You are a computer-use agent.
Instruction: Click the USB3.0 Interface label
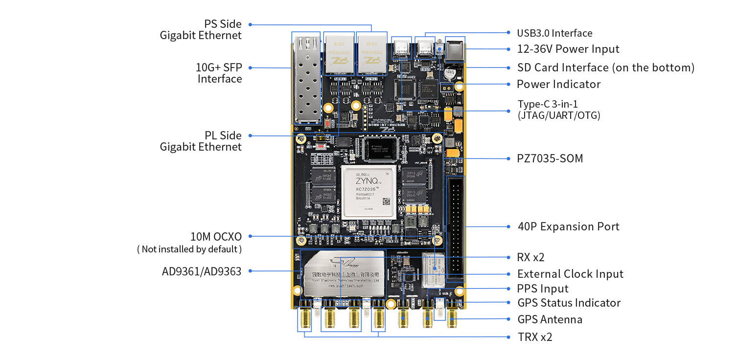point(554,33)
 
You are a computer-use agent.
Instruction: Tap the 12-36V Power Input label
point(568,49)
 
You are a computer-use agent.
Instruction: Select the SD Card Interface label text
point(605,67)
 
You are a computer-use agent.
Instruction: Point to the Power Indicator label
point(558,84)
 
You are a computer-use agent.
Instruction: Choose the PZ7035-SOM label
point(550,158)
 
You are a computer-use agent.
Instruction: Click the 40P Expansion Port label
point(568,226)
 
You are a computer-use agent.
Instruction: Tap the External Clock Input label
point(570,274)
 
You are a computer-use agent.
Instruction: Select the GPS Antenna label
point(550,319)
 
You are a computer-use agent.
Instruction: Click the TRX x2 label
point(534,337)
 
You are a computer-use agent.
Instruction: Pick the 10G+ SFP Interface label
point(219,73)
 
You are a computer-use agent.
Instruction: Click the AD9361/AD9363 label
point(202,271)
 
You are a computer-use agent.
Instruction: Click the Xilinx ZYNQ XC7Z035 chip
point(369,192)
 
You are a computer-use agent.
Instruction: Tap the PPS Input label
point(543,289)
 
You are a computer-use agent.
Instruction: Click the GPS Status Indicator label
point(569,303)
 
